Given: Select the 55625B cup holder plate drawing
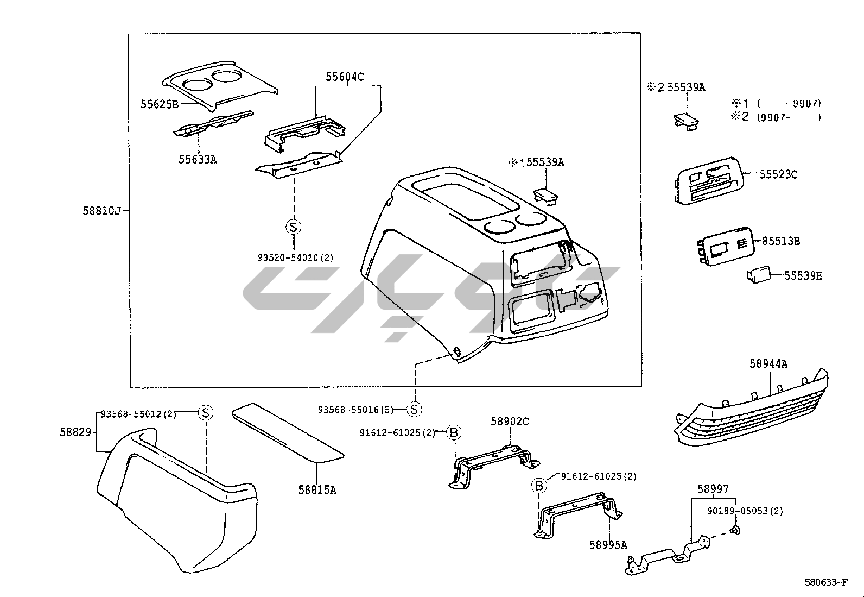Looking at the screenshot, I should (220, 85).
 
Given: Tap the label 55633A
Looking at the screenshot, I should (198, 159).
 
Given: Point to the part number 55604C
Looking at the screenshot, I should (345, 77).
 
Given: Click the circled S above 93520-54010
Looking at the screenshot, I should (293, 227).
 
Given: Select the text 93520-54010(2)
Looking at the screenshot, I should (295, 257).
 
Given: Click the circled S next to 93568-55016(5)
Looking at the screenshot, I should (414, 409).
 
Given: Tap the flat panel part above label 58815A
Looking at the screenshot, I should (287, 431).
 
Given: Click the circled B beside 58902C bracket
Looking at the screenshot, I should (454, 432).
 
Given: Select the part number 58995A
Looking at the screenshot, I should (608, 544).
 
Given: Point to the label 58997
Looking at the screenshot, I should (713, 489).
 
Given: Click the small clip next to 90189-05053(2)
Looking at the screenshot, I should (734, 530).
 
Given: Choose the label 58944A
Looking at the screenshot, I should (768, 363).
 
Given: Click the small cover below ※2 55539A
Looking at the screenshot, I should (686, 121).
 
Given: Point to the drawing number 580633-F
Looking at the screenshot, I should (825, 583).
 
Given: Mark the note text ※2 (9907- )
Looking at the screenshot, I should (776, 117).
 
